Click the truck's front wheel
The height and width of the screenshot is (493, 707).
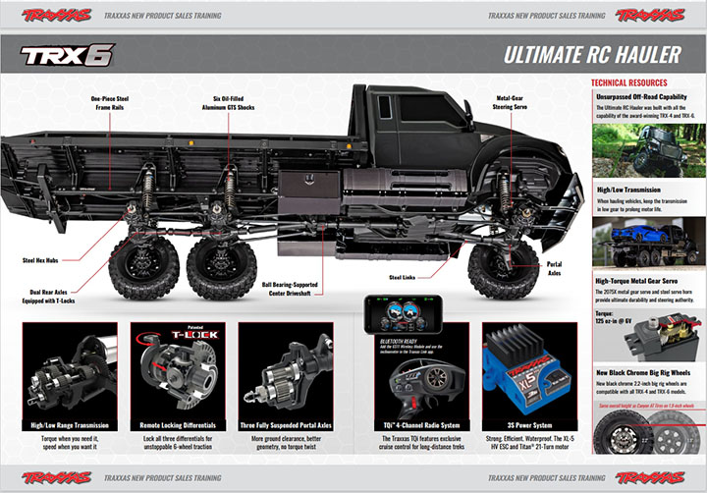pos(496,268)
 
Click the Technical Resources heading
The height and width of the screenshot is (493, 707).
pos(629,82)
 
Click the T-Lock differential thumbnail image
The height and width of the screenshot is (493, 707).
pos(178,366)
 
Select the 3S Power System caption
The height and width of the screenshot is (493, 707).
pos(519,424)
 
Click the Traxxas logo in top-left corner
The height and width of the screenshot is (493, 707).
pos(56,15)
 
